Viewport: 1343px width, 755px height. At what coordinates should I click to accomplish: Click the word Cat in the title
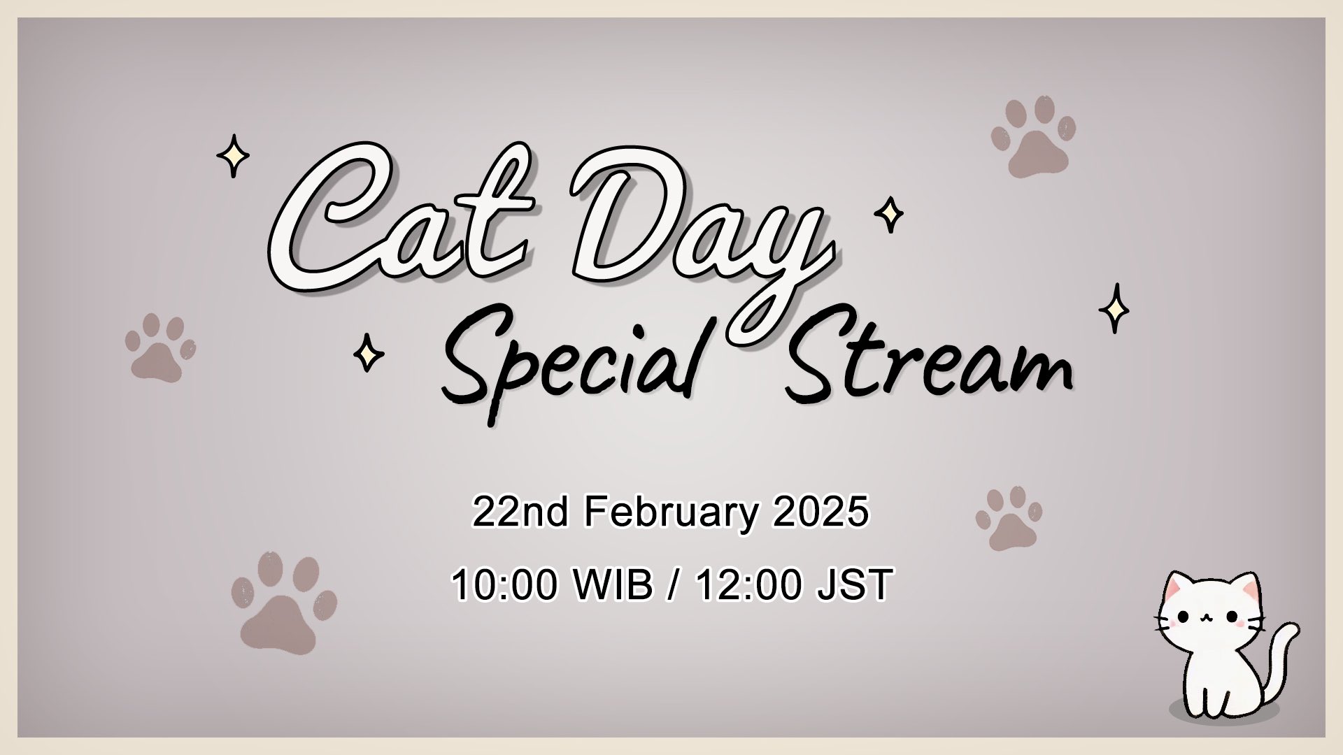402,220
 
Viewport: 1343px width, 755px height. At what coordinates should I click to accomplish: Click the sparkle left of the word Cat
233,156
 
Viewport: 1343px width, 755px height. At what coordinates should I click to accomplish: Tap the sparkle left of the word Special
368,353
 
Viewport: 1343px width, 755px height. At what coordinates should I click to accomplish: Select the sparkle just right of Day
889,215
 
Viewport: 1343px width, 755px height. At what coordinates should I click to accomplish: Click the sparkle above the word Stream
1114,308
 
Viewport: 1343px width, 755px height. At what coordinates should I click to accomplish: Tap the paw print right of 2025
1009,518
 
